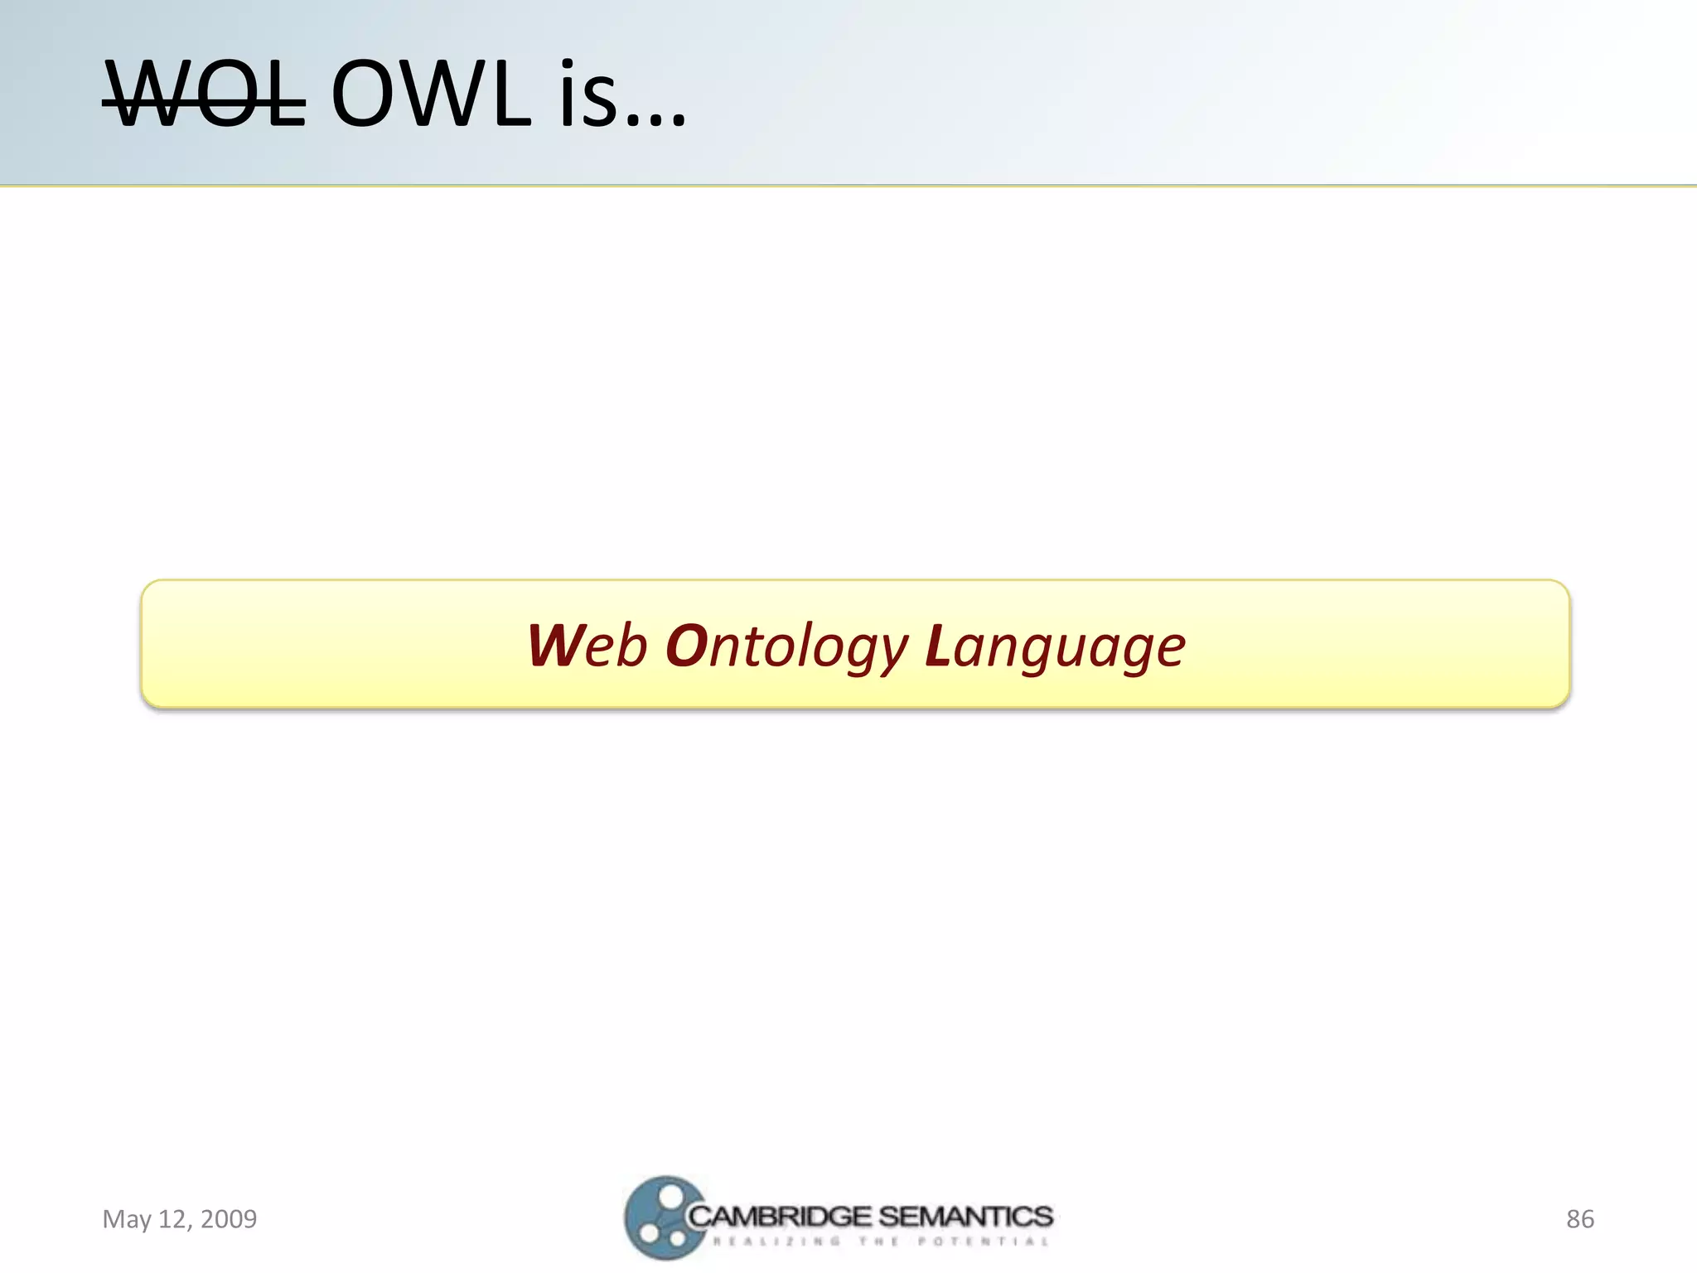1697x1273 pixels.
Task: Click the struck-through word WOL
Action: click(x=204, y=95)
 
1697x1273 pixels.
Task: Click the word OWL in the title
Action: click(x=431, y=95)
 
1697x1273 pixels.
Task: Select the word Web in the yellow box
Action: click(x=587, y=646)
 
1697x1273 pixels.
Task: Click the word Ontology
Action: click(x=787, y=647)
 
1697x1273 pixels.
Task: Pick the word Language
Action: click(x=1055, y=647)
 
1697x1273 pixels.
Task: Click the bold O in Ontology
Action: click(x=684, y=646)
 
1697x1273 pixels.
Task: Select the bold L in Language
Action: click(x=937, y=646)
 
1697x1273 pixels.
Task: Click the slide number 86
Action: click(x=1579, y=1219)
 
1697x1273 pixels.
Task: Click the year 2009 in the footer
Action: click(x=229, y=1219)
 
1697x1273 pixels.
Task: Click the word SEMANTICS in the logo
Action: click(x=965, y=1217)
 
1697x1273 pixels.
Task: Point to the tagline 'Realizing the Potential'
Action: click(x=881, y=1242)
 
